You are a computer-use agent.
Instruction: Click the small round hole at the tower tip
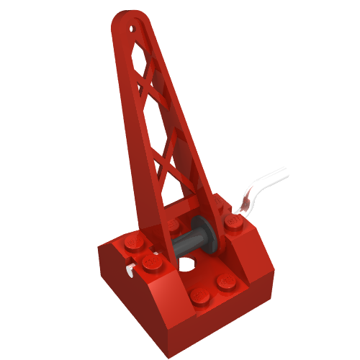132,30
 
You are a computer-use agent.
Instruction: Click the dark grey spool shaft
189,240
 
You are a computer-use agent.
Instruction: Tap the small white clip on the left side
130,271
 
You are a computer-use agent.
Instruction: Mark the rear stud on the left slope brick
132,243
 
